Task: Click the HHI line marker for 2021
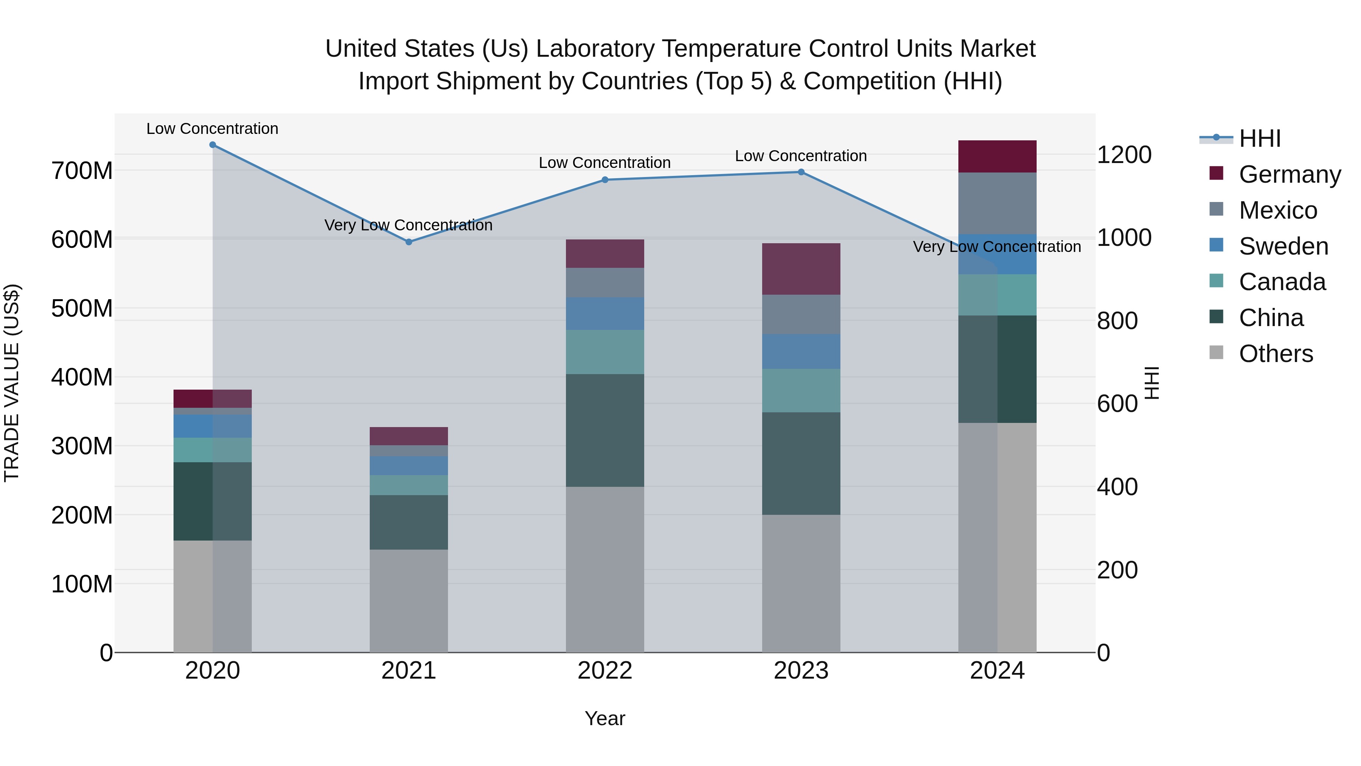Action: [408, 242]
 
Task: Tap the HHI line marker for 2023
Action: [801, 172]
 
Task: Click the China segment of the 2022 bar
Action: [605, 430]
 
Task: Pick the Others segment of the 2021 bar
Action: [408, 601]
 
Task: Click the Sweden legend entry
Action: [1282, 246]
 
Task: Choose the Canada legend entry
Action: [1281, 282]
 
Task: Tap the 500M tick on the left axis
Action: [82, 308]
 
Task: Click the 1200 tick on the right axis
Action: [1124, 155]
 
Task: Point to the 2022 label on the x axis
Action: [605, 671]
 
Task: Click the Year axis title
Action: [605, 718]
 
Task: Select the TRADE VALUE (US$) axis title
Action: [12, 383]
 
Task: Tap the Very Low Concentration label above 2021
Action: [408, 225]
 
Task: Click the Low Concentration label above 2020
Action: [212, 129]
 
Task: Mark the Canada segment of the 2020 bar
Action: [212, 450]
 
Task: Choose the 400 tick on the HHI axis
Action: [1117, 487]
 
